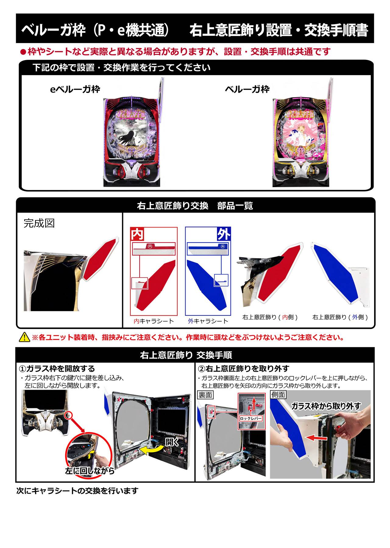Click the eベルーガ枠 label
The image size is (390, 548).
75,89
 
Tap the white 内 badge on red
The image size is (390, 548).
137,234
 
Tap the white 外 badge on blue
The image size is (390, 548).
224,234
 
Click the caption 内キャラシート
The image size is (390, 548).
154,321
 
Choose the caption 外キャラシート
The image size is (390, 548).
208,321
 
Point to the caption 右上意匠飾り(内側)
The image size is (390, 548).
270,317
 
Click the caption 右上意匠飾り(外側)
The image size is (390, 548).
340,317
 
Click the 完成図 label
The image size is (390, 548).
39,223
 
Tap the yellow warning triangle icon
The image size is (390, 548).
24,337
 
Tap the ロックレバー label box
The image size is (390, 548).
251,418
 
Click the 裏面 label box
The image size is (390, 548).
205,395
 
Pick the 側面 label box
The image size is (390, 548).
278,395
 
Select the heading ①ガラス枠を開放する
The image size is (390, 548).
57,369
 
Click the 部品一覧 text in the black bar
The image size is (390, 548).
235,206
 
